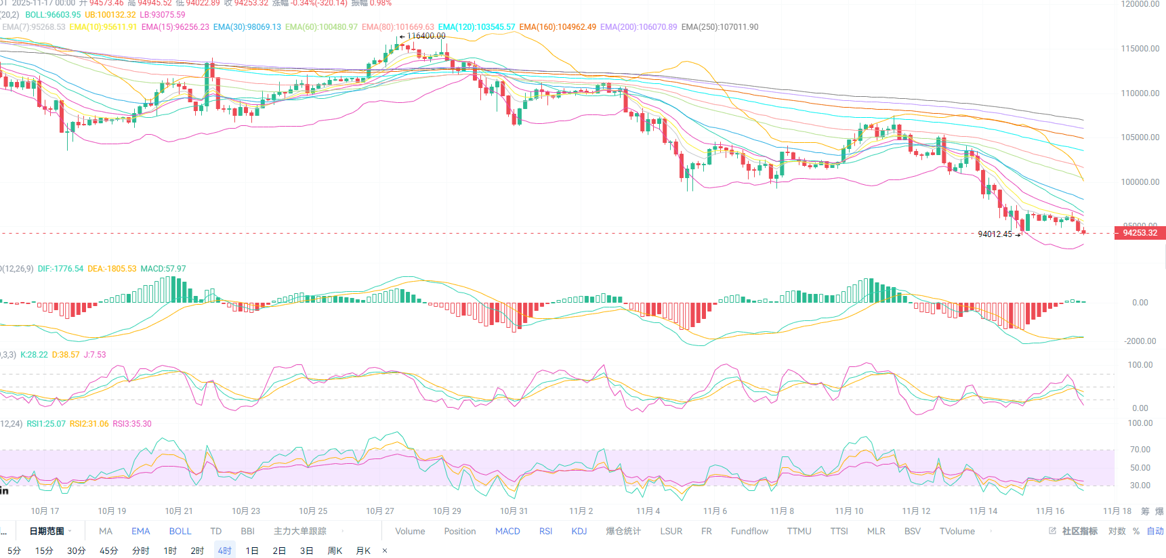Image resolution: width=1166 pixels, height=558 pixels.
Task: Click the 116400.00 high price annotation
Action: (425, 36)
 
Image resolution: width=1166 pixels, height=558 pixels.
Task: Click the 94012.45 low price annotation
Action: (995, 234)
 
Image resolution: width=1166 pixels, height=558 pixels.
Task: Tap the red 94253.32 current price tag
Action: (1140, 233)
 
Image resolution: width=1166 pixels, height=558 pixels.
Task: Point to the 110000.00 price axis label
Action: (1140, 93)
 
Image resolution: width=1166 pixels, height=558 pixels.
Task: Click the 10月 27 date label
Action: (379, 511)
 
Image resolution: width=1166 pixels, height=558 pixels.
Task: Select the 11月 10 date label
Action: (849, 511)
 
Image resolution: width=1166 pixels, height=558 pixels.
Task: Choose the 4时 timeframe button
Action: (224, 551)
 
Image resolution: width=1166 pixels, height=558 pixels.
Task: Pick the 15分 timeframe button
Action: (44, 551)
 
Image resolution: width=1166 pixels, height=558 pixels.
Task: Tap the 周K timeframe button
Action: (335, 551)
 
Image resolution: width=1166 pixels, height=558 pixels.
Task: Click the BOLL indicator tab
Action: (180, 532)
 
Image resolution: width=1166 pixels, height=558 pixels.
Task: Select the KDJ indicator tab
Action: (579, 532)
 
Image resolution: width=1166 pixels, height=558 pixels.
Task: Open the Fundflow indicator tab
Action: (749, 532)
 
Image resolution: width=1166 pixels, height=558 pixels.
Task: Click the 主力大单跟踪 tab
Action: (299, 532)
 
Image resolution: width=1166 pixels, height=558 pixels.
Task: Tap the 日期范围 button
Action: (47, 532)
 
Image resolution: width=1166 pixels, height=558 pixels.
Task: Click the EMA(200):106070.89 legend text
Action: (638, 27)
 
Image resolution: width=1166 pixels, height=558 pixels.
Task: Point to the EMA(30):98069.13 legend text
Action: (247, 27)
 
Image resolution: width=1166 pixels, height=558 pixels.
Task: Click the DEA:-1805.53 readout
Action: (112, 269)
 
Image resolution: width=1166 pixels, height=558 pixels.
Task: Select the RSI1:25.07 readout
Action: (46, 424)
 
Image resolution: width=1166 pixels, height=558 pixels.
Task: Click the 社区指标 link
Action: (1079, 532)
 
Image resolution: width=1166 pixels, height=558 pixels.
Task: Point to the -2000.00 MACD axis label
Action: (1140, 341)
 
